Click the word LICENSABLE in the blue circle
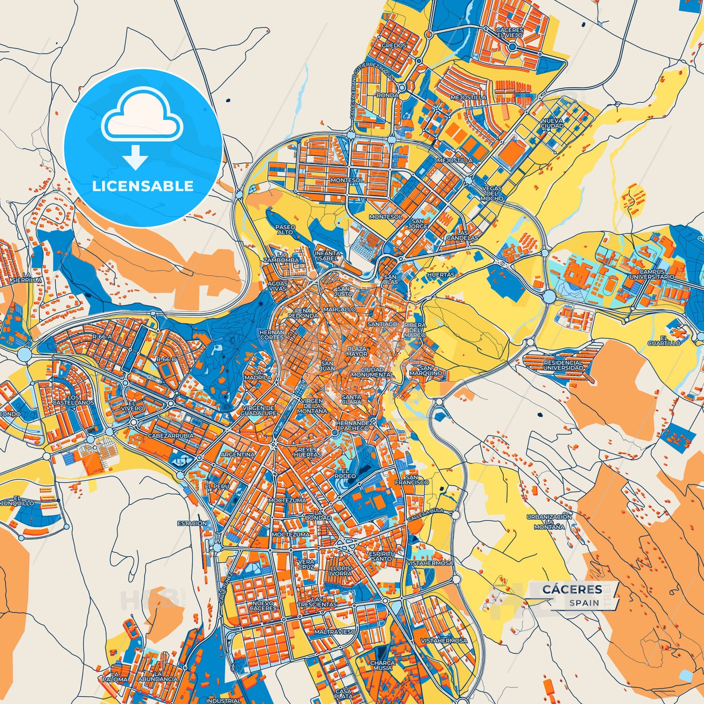[143, 186]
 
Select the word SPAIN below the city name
[585, 603]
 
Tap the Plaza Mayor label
[357, 351]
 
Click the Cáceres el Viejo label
[510, 33]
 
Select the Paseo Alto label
[285, 229]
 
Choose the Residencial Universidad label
[563, 365]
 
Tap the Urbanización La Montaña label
[549, 521]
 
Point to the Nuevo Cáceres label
[263, 606]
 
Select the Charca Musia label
[382, 666]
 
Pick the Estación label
[192, 523]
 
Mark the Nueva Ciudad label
[552, 123]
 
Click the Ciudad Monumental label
[372, 372]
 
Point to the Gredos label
[394, 45]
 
